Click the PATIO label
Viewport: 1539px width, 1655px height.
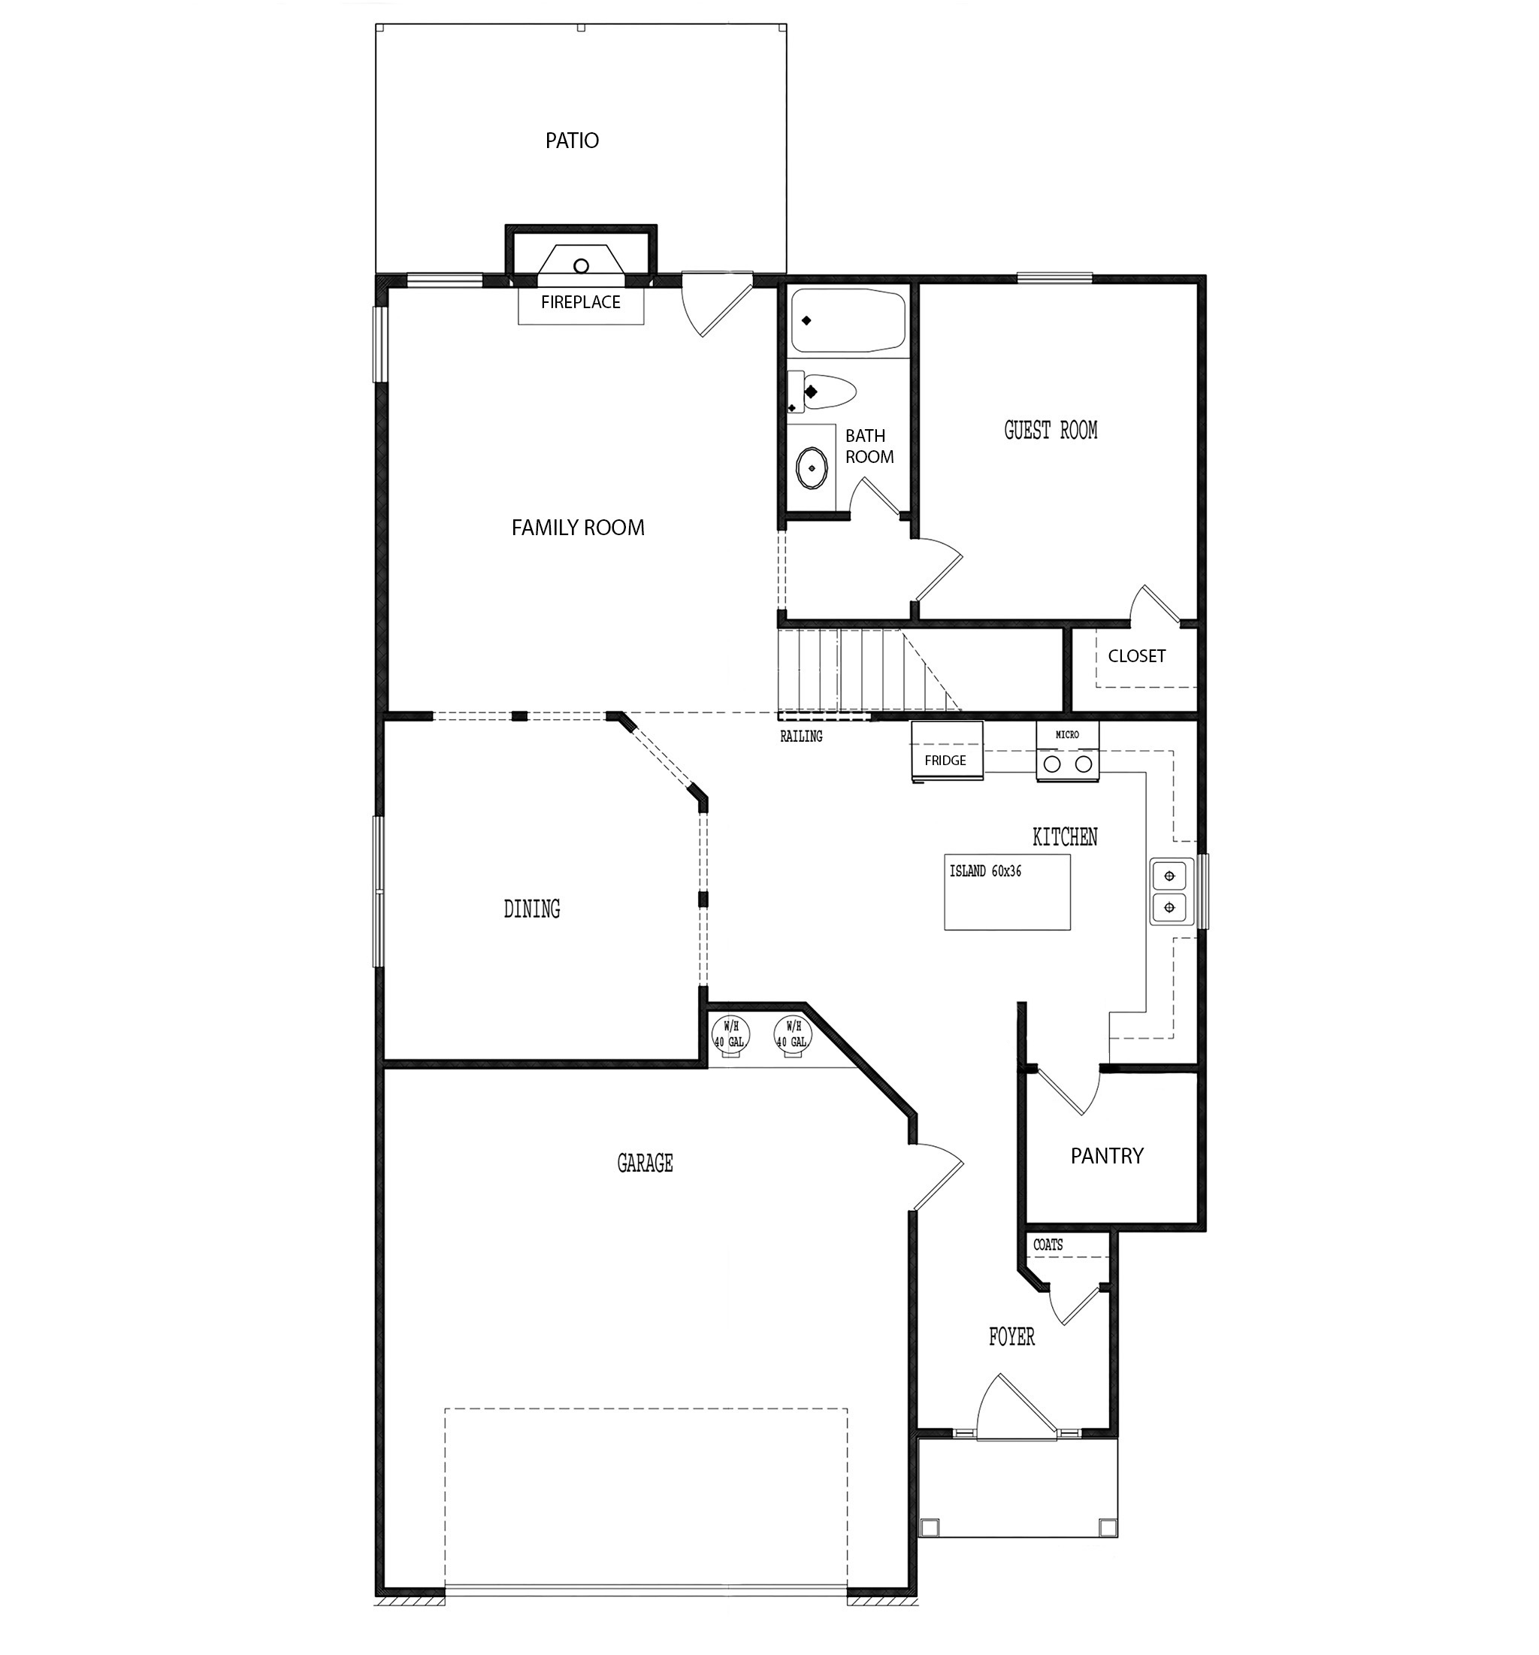[x=572, y=141]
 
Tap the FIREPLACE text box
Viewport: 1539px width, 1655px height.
[x=580, y=303]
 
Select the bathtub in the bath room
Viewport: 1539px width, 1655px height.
[x=848, y=320]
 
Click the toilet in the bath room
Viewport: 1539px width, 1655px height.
[x=827, y=392]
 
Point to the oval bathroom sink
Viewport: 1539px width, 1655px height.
[x=812, y=469]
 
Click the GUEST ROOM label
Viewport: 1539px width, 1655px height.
[x=1051, y=431]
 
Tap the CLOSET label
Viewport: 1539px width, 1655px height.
[x=1136, y=656]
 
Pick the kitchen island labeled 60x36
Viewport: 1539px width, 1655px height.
[x=1007, y=892]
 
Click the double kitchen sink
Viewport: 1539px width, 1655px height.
[x=1170, y=891]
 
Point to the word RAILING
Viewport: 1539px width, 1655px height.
[x=801, y=737]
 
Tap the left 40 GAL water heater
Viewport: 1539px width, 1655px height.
[x=730, y=1036]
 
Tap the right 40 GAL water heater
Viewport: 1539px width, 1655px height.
[x=792, y=1036]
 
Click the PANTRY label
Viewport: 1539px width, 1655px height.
[x=1107, y=1155]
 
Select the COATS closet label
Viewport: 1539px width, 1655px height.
[x=1048, y=1245]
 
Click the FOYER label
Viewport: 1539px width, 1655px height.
[x=1011, y=1338]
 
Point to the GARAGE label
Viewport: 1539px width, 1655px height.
[x=644, y=1163]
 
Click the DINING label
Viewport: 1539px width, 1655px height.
[x=531, y=909]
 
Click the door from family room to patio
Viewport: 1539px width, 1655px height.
[x=716, y=304]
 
